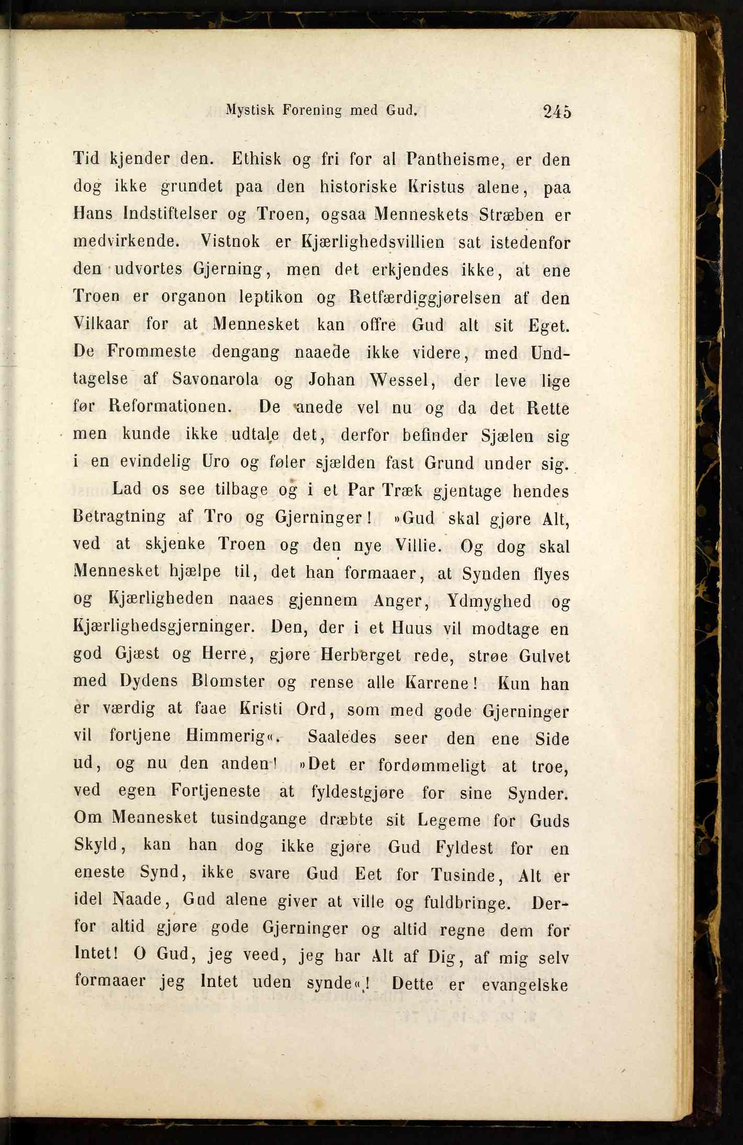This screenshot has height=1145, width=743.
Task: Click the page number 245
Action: coord(557,112)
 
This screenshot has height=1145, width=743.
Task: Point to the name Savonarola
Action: coord(215,379)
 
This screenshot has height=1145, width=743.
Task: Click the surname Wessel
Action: coord(399,379)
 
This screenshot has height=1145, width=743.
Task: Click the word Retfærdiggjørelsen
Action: coord(424,298)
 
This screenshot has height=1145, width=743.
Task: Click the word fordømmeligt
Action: coord(432,765)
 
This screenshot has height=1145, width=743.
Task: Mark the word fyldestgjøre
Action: coord(357,792)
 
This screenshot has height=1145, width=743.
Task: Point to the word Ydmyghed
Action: coord(489,601)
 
